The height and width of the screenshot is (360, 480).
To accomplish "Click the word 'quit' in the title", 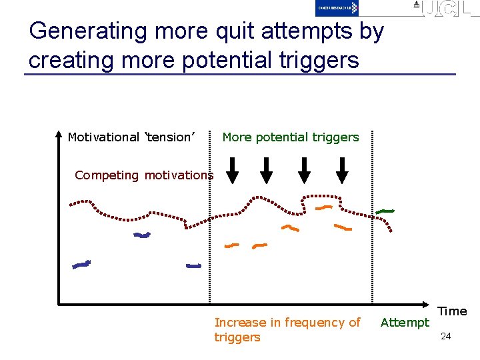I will (207, 32).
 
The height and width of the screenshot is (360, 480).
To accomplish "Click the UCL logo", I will (444, 8).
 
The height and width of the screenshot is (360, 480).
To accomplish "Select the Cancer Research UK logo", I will (337, 7).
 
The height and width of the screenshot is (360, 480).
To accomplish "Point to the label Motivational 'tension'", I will (131, 137).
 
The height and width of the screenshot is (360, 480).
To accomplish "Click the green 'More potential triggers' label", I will (290, 137).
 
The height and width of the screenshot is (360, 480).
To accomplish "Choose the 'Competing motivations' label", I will (144, 175).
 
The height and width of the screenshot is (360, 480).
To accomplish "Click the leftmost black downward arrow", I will (232, 171).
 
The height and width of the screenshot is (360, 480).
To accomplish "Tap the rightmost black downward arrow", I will (342, 171).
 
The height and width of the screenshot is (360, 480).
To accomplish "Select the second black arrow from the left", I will (266, 171).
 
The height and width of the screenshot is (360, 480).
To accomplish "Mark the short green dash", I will (385, 211).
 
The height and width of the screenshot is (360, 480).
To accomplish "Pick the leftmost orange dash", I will (231, 245).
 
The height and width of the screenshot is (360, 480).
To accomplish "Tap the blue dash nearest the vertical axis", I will (81, 265).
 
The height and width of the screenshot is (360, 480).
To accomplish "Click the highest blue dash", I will (142, 235).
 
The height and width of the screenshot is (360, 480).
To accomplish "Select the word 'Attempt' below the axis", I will (405, 323).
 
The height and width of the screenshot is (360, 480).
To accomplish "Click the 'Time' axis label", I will (452, 311).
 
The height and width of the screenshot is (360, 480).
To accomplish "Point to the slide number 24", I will (445, 337).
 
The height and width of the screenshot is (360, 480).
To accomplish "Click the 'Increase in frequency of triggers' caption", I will (287, 329).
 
